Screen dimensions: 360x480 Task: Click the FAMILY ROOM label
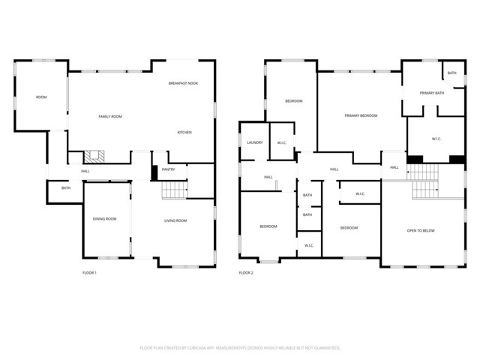[110, 116]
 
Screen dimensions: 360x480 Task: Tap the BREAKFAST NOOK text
[183, 83]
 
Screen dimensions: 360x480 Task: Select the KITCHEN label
[184, 132]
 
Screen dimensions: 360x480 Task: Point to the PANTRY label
[169, 169]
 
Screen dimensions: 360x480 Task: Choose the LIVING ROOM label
[175, 220]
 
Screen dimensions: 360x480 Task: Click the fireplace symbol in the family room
[93, 157]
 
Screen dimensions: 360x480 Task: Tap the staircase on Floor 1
[173, 192]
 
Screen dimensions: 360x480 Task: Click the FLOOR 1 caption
[89, 272]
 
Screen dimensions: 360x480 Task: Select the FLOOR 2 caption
[246, 272]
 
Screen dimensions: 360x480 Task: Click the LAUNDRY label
[253, 142]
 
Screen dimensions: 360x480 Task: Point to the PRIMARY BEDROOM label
[361, 115]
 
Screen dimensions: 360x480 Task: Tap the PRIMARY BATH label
[432, 92]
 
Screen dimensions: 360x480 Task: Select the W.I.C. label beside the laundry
[282, 142]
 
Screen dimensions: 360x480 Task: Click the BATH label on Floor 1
[66, 187]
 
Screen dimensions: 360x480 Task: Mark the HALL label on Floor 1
[85, 171]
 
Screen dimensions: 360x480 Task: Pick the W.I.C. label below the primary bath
[436, 139]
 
